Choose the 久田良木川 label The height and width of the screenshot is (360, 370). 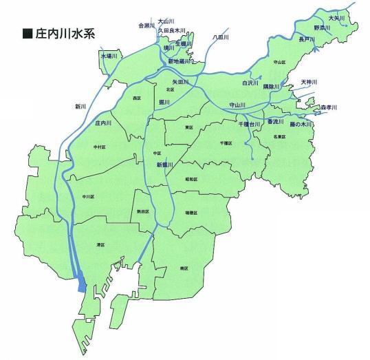(x=172, y=30)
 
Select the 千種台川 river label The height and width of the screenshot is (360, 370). (x=249, y=123)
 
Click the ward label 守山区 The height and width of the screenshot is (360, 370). (x=279, y=61)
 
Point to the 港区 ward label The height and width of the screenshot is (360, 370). (x=99, y=244)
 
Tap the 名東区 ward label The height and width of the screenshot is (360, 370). (x=280, y=137)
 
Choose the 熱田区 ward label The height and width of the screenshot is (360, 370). (x=142, y=211)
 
